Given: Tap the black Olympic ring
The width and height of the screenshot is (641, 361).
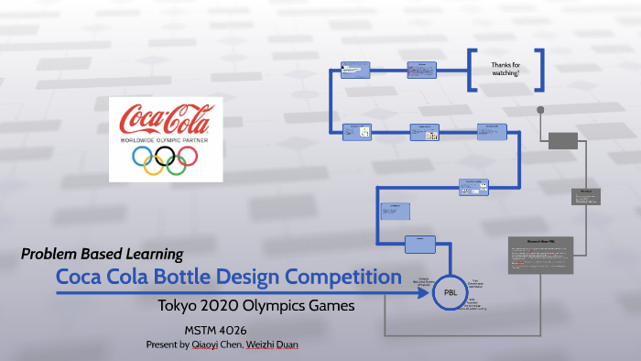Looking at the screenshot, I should coord(165,158).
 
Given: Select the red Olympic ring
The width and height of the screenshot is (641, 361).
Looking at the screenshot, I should coord(187,158).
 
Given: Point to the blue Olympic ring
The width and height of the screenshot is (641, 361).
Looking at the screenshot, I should coord(143,158).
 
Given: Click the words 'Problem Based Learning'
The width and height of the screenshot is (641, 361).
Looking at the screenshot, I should coord(102,254).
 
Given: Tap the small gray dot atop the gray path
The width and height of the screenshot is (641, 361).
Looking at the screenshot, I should coord(540,110).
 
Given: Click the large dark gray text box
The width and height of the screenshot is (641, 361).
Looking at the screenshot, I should coord(541,267).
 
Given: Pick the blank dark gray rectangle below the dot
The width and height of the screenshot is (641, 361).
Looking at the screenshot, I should coord(563,140).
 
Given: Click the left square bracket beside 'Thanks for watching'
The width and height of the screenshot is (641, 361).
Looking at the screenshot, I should coord(472,68).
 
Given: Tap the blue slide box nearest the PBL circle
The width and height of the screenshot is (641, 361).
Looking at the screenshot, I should coord(418,244).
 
